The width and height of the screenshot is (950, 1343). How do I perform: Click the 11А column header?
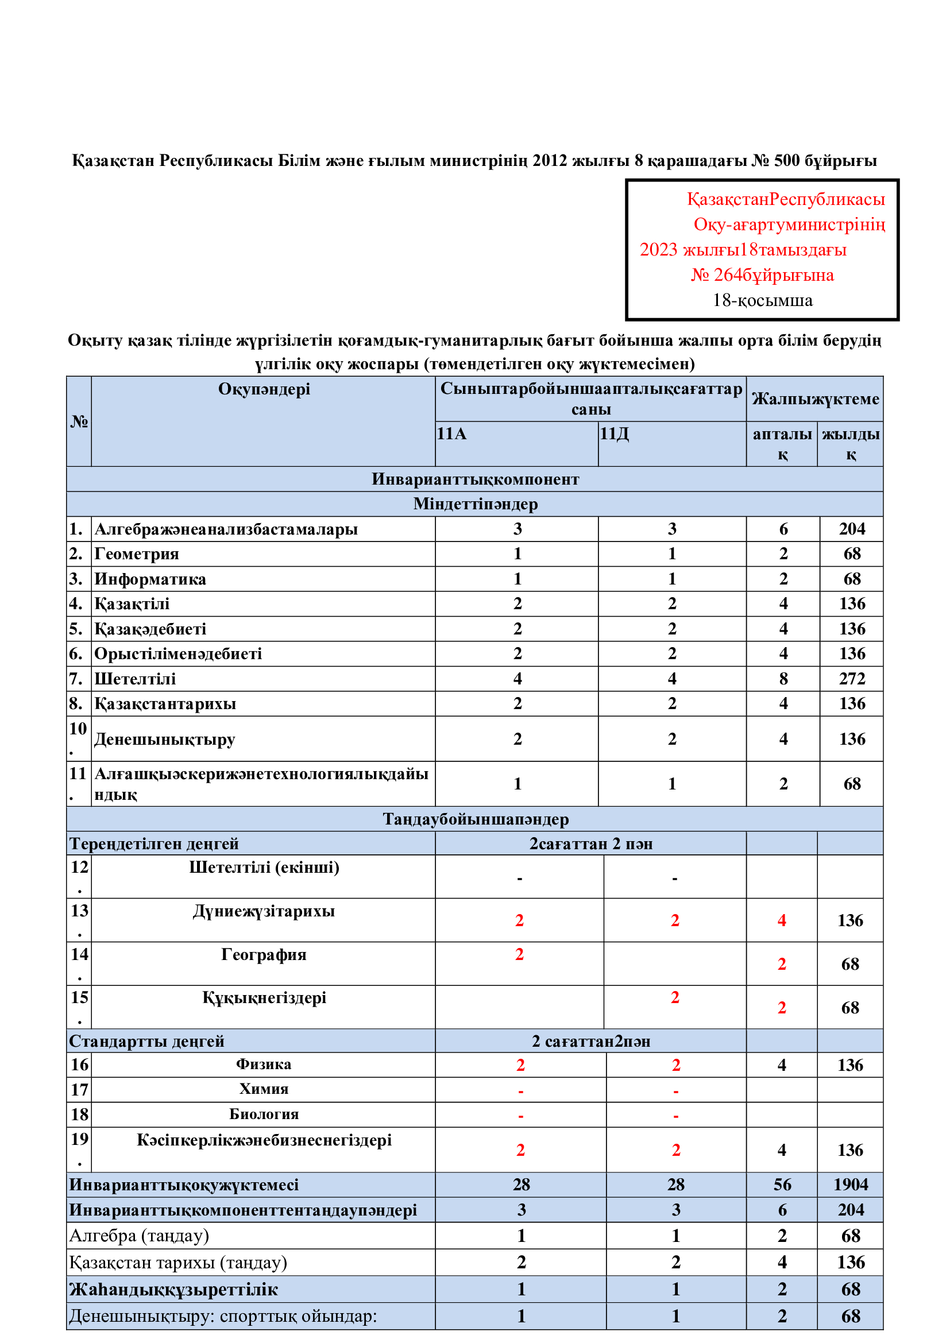coord(451,434)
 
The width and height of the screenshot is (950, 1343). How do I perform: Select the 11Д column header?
coord(614,434)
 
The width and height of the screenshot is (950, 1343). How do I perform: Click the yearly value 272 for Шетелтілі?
coord(852,679)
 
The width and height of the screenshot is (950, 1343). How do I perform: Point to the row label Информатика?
coord(150,579)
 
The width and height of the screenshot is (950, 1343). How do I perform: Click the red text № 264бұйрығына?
coord(762,274)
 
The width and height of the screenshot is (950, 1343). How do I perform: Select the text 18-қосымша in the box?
coord(762,300)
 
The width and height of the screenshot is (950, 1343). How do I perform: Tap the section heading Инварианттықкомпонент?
coord(475,479)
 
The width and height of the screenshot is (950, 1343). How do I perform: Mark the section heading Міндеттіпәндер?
coord(475,504)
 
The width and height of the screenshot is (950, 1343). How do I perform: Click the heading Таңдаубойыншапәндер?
coord(475,819)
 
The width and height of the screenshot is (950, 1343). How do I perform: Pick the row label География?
coord(264,955)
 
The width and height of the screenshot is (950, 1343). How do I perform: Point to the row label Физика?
coord(264,1064)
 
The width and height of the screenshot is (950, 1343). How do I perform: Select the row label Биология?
coord(264,1114)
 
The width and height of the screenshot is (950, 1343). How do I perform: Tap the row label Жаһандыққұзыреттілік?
coord(173,1289)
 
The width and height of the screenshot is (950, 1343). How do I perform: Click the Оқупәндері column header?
coord(264,389)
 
